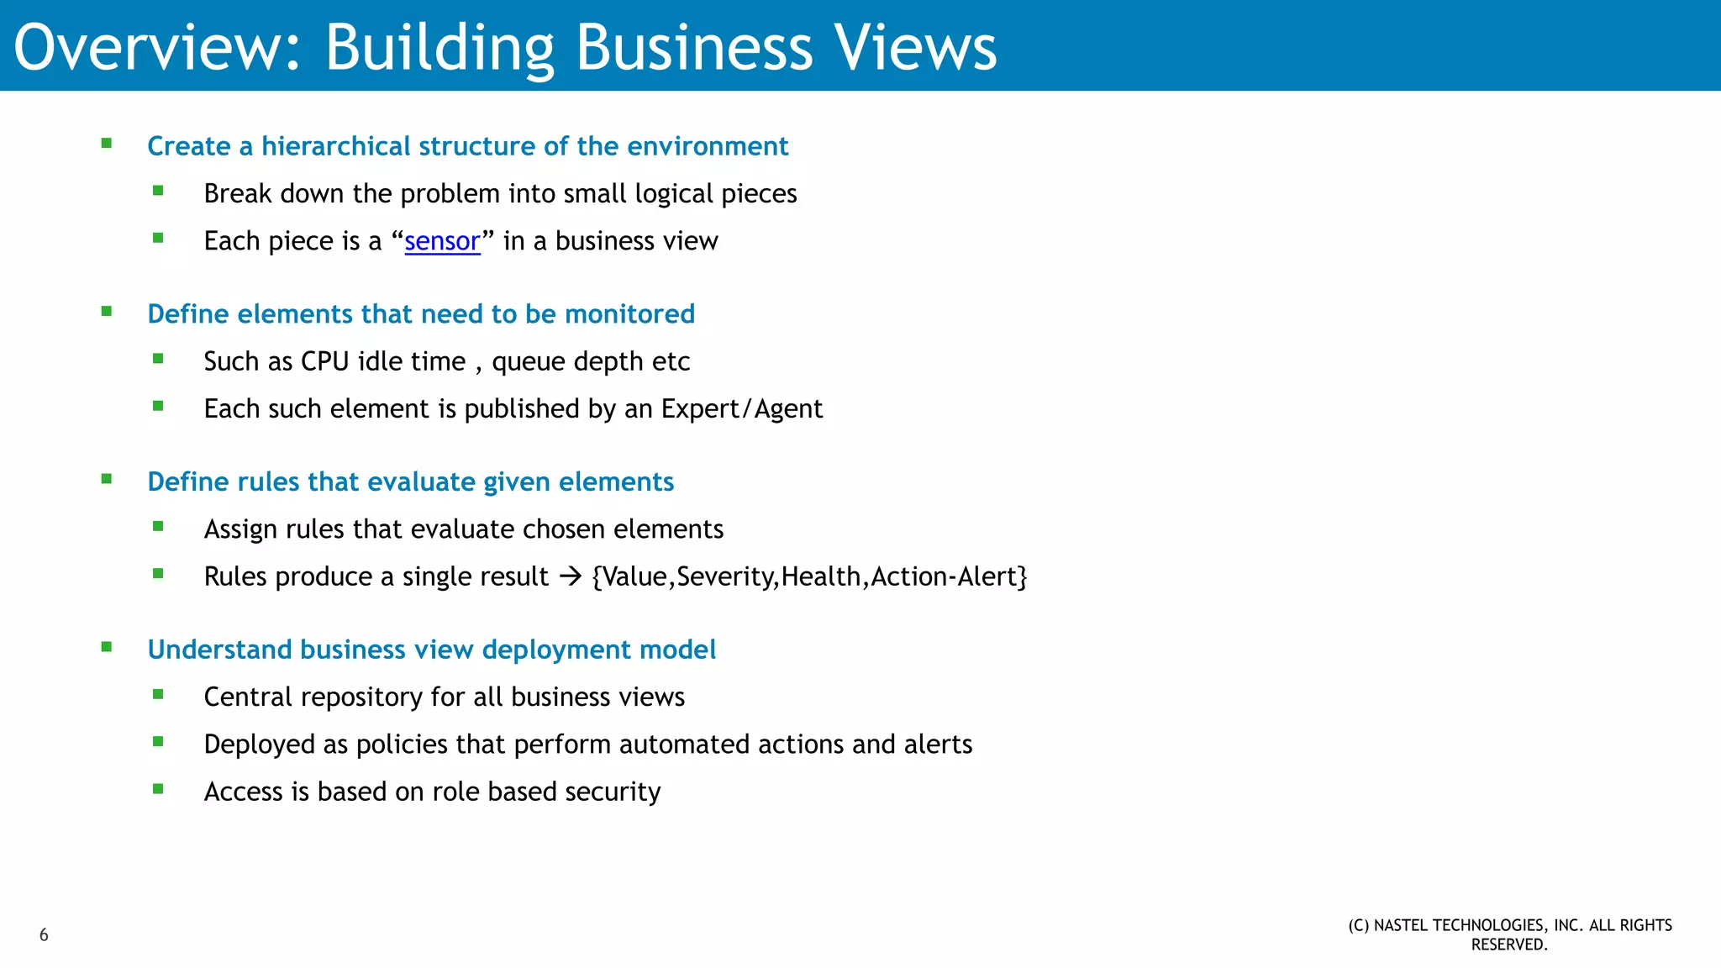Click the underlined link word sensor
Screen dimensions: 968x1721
coord(442,241)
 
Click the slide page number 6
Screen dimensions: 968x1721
coord(44,934)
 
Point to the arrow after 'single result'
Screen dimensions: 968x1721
coord(571,576)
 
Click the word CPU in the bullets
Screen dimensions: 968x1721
coord(324,361)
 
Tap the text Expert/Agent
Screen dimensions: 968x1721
coord(741,408)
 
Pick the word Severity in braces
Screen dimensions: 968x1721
coord(726,576)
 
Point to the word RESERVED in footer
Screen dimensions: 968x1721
coord(1508,944)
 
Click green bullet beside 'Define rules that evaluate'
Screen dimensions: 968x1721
coord(107,480)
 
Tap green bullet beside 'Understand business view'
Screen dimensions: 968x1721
coord(107,647)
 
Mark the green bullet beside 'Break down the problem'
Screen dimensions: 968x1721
coord(158,192)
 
